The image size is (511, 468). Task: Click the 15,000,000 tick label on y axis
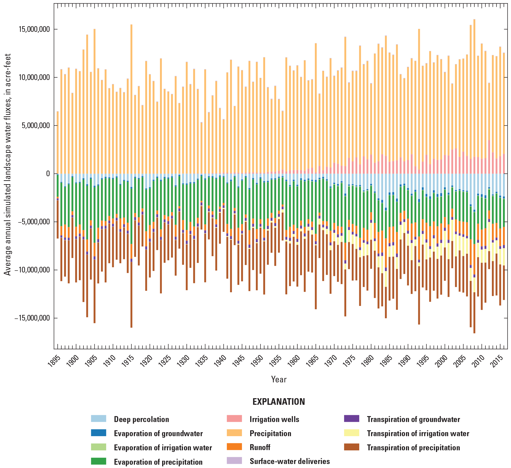[34, 29]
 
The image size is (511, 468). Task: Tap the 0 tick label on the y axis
[48, 174]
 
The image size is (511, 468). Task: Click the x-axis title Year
[279, 379]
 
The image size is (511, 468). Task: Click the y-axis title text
[8, 164]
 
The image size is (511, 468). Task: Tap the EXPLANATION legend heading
[279, 402]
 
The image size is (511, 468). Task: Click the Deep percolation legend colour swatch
[99, 419]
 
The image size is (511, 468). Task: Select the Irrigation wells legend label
[274, 419]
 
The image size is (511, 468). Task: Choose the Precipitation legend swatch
[234, 433]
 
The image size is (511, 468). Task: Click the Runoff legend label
[260, 447]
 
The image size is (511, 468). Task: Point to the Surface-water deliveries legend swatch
[234, 461]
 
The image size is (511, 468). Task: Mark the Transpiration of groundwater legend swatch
[352, 419]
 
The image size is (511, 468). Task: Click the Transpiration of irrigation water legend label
[418, 434]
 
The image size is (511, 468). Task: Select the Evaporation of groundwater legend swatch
[99, 433]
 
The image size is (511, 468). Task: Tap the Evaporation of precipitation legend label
[158, 462]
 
